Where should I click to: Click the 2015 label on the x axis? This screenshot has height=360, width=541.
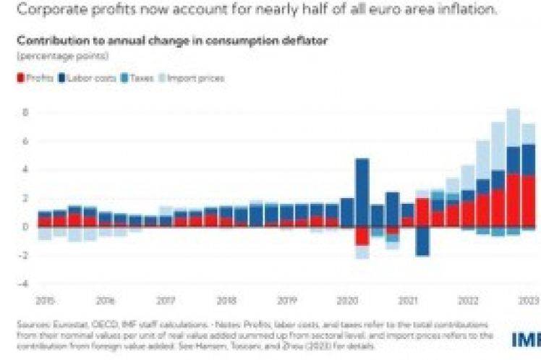click(45, 299)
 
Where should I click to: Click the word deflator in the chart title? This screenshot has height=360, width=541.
click(304, 40)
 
